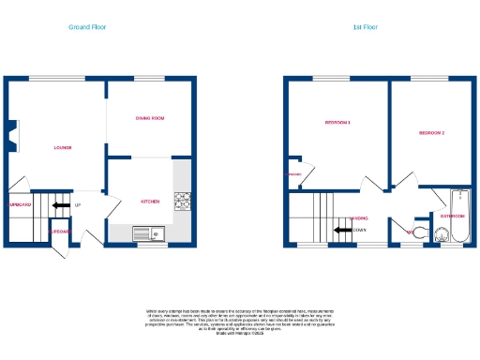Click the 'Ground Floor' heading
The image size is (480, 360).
(x=87, y=27)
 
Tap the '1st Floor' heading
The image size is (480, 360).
(x=365, y=27)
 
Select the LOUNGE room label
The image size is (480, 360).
(x=62, y=148)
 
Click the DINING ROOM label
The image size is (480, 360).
(x=150, y=118)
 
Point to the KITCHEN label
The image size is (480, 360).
(x=150, y=202)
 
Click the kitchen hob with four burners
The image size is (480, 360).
(x=182, y=200)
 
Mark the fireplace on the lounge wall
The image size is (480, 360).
(x=12, y=137)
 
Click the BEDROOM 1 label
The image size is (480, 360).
(x=337, y=123)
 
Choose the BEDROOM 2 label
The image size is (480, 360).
(x=431, y=133)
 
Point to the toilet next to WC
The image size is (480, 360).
(x=420, y=232)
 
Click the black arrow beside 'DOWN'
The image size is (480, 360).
(x=341, y=230)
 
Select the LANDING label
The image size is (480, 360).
(x=359, y=218)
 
